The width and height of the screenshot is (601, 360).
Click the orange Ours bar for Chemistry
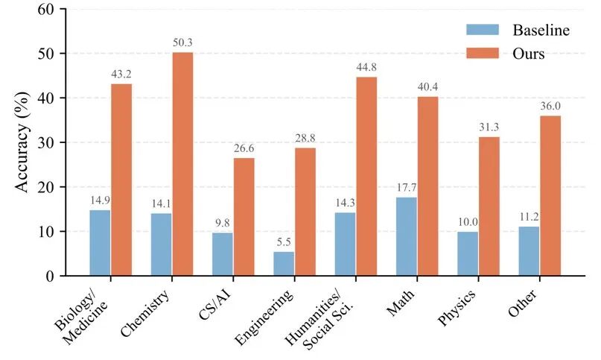point(182,164)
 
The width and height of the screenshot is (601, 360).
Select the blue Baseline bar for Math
point(407,236)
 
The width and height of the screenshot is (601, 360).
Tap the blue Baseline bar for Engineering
point(284,264)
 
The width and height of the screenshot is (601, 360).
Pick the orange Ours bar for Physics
point(489,206)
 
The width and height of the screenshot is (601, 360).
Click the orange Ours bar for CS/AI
point(244,217)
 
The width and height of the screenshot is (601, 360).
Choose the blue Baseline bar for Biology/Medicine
point(101,243)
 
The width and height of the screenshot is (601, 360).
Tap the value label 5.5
point(284,243)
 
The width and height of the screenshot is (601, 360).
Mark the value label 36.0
point(551,107)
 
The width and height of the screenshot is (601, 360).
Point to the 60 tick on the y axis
point(45,10)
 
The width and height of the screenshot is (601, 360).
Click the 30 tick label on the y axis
point(45,142)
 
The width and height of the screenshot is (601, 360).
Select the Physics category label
point(457,306)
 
